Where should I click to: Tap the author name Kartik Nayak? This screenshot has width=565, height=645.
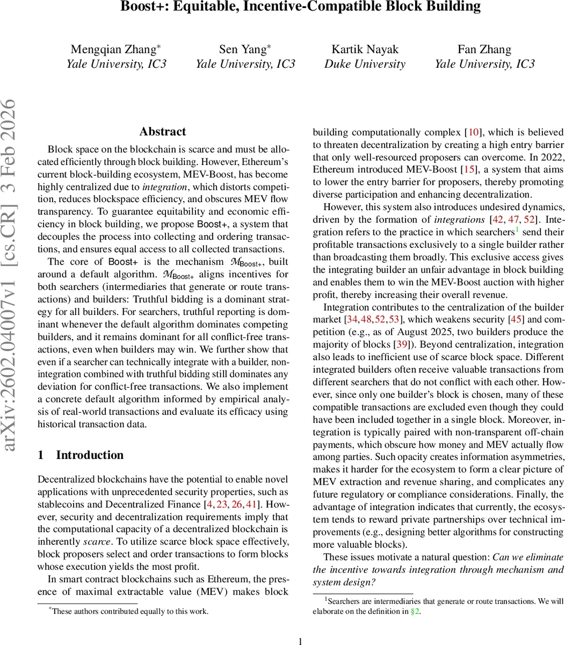click(365, 49)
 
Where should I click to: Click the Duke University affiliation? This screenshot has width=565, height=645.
click(365, 64)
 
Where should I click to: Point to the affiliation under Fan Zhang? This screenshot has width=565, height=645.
click(484, 64)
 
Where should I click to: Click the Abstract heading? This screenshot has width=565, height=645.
click(163, 132)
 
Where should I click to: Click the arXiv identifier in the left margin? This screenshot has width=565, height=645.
click(12, 274)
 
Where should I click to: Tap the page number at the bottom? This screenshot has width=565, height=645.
click(300, 641)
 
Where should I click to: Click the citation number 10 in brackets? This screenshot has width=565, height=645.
click(474, 132)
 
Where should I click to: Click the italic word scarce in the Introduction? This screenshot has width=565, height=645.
click(97, 542)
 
